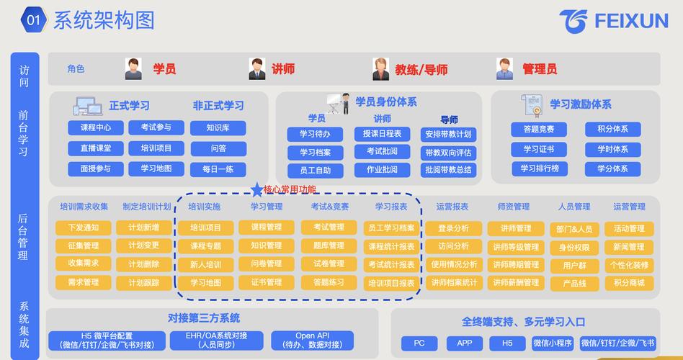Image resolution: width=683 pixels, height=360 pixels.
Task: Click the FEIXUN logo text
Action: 631,21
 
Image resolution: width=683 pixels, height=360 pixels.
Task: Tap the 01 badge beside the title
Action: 33,20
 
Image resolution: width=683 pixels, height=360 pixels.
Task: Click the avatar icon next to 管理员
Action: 504,69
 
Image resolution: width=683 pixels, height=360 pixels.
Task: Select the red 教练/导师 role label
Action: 421,70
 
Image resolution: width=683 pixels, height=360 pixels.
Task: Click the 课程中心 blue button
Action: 96,128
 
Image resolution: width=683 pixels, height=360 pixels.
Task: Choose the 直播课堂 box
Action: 96,148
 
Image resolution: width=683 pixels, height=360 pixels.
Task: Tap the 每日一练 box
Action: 218,169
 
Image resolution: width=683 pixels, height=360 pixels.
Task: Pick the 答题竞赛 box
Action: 539,130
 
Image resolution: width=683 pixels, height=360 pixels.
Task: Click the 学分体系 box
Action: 607,168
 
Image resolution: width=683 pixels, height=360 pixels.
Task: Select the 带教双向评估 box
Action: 448,153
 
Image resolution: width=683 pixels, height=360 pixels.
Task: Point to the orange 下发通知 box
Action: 84,228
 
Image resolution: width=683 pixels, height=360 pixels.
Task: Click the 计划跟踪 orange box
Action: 144,282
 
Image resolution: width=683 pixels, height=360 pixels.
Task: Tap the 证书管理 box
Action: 267,282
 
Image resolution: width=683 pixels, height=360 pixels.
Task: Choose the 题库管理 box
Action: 329,246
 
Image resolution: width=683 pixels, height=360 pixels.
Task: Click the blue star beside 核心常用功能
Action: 256,189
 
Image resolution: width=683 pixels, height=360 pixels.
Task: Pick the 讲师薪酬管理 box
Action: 515,282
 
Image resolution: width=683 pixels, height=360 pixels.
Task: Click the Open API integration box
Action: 312,341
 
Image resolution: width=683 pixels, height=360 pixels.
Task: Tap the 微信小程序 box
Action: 553,343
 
